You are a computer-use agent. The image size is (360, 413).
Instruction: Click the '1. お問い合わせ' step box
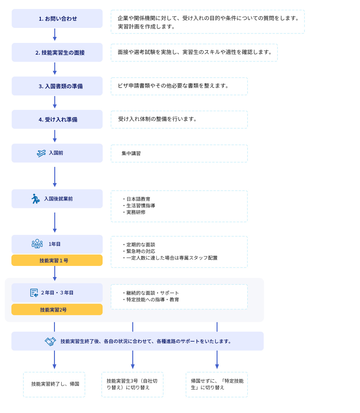57,19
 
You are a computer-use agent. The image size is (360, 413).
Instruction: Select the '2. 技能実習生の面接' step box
57,53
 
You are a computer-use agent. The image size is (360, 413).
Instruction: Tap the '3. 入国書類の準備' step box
57,86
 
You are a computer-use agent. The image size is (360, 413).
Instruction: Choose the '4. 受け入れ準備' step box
57,119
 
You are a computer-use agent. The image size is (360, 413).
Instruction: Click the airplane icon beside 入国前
41,153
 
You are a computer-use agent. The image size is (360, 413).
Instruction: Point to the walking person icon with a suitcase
35,199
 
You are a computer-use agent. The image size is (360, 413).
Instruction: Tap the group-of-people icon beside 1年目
37,244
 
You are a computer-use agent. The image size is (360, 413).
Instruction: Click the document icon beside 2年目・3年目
34,293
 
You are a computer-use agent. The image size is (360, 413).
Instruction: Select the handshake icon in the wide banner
50,341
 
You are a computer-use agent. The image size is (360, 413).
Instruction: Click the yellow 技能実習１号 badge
57,261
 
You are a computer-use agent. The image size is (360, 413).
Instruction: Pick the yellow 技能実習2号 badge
57,310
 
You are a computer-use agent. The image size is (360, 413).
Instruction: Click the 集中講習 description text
131,153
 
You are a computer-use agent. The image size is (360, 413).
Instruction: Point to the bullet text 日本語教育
138,199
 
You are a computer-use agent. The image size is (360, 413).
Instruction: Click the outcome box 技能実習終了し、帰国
54,384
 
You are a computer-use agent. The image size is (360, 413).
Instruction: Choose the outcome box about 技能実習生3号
132,384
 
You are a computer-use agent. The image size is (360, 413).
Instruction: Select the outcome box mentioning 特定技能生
217,384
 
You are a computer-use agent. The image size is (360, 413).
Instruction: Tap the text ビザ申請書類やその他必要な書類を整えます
173,86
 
